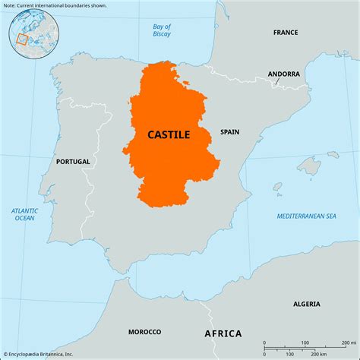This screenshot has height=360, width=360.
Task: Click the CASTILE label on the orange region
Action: pyautogui.click(x=169, y=135)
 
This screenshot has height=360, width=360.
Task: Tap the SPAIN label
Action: pyautogui.click(x=230, y=131)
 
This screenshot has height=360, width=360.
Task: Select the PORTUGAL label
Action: pyautogui.click(x=73, y=162)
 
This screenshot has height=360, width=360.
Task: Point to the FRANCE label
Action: pyautogui.click(x=286, y=33)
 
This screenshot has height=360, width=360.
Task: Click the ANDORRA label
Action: pyautogui.click(x=283, y=74)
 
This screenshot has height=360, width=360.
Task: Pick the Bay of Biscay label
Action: pyautogui.click(x=162, y=30)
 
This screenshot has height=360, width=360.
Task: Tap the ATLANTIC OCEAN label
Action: pyautogui.click(x=24, y=214)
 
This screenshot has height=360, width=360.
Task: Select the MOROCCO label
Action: pyautogui.click(x=144, y=332)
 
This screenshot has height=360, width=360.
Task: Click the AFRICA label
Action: pyautogui.click(x=223, y=333)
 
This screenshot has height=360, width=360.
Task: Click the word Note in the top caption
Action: pyautogui.click(x=11, y=5)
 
